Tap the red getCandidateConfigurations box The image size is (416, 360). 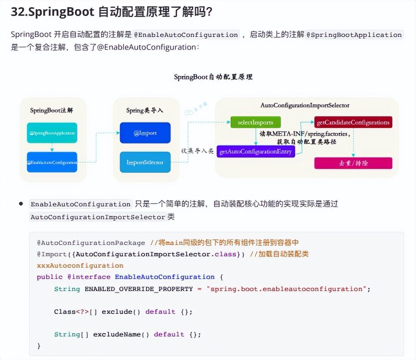click(x=353, y=122)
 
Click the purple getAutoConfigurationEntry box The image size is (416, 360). click(x=256, y=152)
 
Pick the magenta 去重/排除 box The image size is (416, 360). click(x=353, y=163)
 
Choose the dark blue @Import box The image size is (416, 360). click(x=145, y=133)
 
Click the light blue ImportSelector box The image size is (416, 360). click(x=145, y=162)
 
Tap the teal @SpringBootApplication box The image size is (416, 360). click(x=52, y=133)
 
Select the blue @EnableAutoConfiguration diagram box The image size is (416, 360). click(x=52, y=162)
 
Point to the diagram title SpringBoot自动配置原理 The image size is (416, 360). click(x=213, y=77)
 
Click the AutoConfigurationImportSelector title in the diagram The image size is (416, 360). click(x=305, y=106)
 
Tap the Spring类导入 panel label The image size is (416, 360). click(x=145, y=110)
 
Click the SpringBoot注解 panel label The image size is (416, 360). click(x=51, y=110)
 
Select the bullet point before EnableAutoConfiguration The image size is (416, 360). click(x=21, y=204)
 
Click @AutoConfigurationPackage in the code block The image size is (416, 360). click(x=91, y=243)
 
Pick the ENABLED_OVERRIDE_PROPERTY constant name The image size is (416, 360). click(x=138, y=289)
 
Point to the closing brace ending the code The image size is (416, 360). click(x=39, y=346)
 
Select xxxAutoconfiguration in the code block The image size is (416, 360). click(x=80, y=265)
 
